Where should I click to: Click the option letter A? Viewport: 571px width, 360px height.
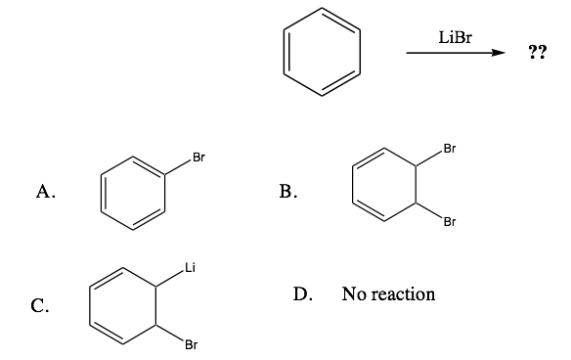click(x=44, y=193)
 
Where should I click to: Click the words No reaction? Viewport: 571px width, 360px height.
click(x=388, y=293)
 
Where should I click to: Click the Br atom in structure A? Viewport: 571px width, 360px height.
click(x=198, y=157)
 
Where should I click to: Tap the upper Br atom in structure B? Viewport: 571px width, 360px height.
click(x=449, y=150)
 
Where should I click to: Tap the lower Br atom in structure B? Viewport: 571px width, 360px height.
click(x=449, y=221)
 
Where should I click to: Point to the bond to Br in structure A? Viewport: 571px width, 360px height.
click(x=180, y=166)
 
